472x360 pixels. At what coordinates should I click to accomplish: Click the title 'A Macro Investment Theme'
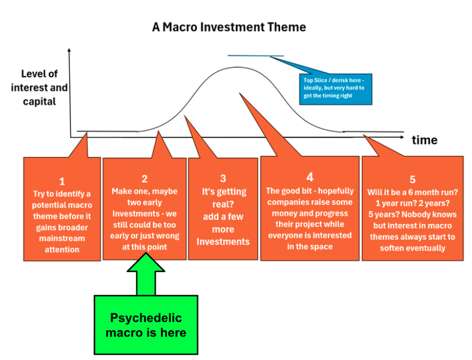click(229, 27)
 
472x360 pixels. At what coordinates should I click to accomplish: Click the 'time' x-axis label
click(424, 140)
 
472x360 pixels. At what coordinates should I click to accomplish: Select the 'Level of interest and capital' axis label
click(44, 87)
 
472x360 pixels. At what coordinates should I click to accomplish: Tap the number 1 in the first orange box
click(61, 181)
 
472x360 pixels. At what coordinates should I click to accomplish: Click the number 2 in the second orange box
click(145, 178)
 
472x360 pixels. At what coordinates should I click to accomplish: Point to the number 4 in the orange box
click(310, 176)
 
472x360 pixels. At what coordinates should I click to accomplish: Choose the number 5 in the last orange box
click(413, 179)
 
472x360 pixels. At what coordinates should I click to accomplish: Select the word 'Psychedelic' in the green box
click(146, 318)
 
